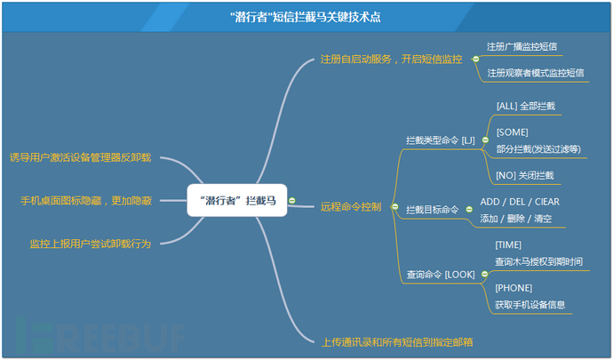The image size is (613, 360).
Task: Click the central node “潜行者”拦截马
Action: click(237, 200)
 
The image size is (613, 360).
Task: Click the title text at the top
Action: click(306, 17)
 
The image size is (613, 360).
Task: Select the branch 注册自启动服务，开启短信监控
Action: click(391, 59)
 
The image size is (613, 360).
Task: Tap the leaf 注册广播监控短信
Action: click(521, 46)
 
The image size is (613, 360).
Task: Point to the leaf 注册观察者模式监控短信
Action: click(535, 73)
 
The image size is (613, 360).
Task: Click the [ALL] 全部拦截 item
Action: click(525, 106)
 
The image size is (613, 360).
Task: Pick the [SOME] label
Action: click(512, 132)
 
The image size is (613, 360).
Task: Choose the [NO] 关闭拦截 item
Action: click(525, 175)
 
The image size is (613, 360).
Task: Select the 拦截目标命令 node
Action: click(432, 210)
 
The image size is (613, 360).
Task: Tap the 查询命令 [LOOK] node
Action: click(441, 275)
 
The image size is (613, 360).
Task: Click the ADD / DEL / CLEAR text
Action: click(520, 202)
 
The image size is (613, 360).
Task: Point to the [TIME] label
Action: click(508, 245)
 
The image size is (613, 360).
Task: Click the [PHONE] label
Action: click(513, 288)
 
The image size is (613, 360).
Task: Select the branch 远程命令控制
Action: click(351, 206)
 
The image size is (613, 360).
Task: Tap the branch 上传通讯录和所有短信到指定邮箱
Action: click(397, 342)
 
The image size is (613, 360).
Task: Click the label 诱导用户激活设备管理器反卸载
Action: click(80, 157)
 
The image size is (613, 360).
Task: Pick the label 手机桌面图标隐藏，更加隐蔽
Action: click(86, 201)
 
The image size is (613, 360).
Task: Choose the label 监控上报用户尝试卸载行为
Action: click(91, 244)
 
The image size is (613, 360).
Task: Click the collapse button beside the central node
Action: click(292, 201)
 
